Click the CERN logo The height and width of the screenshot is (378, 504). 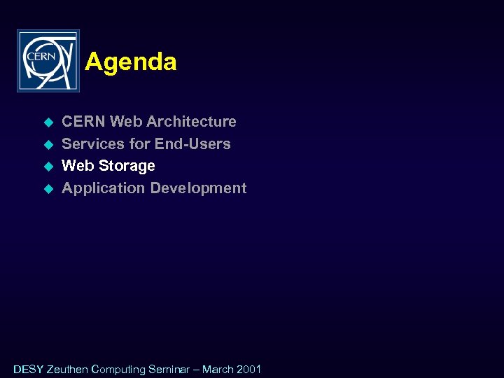pyautogui.click(x=48, y=61)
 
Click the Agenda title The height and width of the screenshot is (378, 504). pyautogui.click(x=131, y=62)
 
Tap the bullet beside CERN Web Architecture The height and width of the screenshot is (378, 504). pyautogui.click(x=49, y=122)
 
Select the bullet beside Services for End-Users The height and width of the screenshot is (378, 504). pyautogui.click(x=49, y=145)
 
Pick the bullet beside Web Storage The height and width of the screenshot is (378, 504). pyautogui.click(x=49, y=167)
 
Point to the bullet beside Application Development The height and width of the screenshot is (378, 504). pyautogui.click(x=49, y=189)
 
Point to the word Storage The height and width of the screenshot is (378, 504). pyautogui.click(x=127, y=166)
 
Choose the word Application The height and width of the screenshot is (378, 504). pyautogui.click(x=104, y=188)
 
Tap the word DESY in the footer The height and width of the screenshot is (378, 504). pyautogui.click(x=28, y=369)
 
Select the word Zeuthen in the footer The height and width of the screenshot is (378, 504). pyautogui.click(x=67, y=369)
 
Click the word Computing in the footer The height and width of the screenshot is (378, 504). pyautogui.click(x=118, y=370)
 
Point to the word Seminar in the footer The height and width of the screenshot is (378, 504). pyautogui.click(x=169, y=369)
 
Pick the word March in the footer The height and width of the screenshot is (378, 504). pyautogui.click(x=218, y=369)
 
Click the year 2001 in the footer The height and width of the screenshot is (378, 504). pyautogui.click(x=248, y=369)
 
